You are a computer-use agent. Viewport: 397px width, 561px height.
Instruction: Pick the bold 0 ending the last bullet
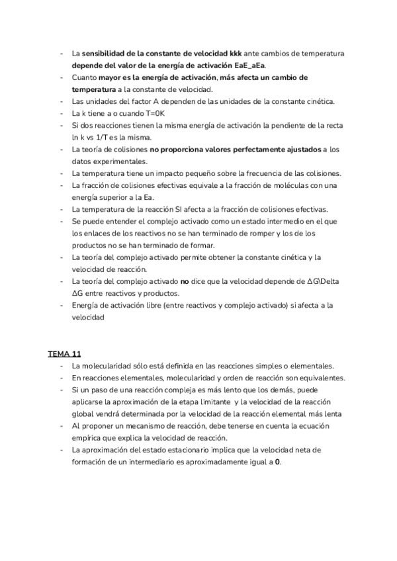[x=278, y=461]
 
